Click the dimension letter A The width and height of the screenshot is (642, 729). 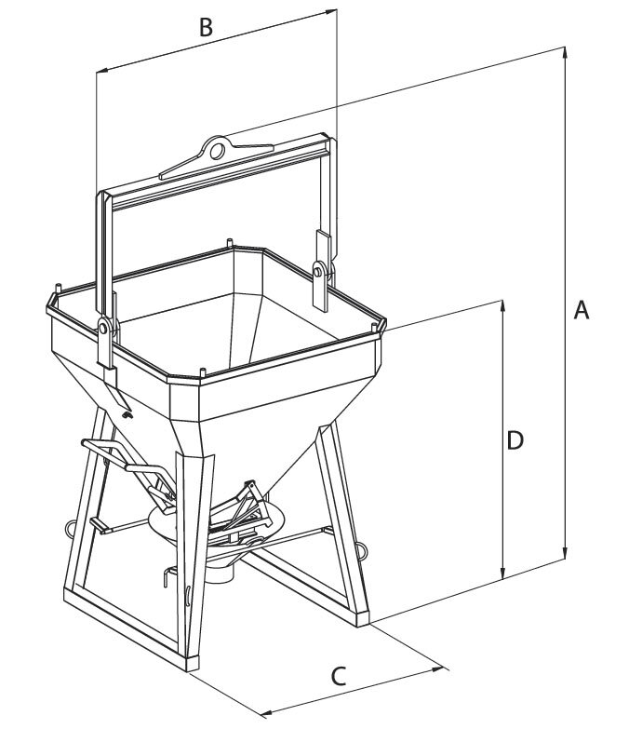[582, 310]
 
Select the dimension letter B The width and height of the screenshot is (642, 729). [206, 27]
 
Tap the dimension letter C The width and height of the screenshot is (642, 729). [340, 676]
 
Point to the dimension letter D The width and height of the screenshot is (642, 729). [515, 440]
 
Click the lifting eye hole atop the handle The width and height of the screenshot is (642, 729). [217, 149]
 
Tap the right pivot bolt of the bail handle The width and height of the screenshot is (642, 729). [320, 271]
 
